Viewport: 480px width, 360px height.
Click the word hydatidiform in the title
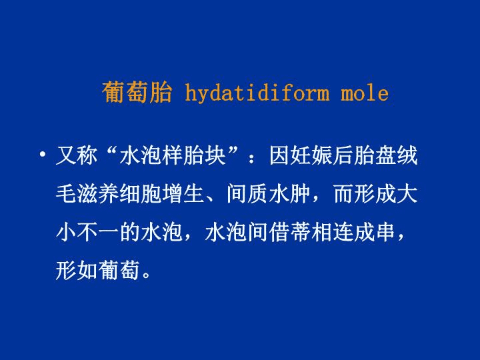point(257,93)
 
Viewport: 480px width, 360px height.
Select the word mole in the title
point(365,93)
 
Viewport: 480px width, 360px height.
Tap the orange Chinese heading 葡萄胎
point(137,92)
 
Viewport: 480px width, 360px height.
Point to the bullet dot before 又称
point(42,154)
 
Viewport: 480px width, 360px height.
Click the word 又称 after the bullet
point(77,156)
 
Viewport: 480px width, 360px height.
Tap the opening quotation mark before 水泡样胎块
point(108,150)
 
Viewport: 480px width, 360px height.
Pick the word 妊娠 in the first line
point(311,156)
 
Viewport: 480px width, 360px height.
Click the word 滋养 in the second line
point(98,194)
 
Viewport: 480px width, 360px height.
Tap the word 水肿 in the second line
point(289,194)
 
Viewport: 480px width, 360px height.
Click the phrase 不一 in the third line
point(98,233)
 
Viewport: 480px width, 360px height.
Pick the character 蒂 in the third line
point(300,233)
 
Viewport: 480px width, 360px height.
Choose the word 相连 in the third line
point(332,233)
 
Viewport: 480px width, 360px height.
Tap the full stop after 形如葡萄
point(146,274)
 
